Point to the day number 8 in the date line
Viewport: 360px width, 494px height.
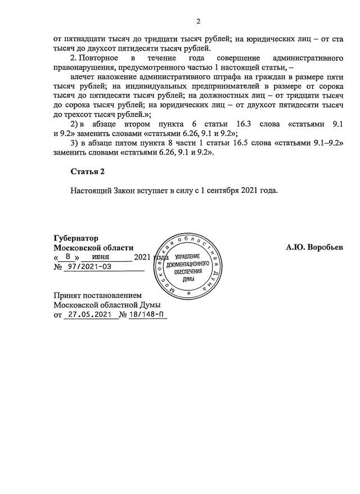(67, 257)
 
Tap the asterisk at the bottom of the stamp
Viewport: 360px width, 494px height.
(189, 293)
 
